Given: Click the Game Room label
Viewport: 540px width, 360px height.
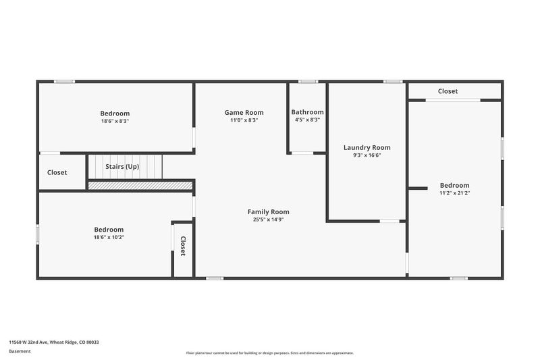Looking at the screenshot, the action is [244, 112].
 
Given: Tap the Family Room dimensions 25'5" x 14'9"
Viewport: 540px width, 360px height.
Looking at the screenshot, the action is [268, 220].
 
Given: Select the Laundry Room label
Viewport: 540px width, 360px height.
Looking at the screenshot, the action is [367, 148].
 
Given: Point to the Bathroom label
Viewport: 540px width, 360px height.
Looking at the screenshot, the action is [307, 112].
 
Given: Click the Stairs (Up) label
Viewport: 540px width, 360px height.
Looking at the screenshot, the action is [122, 167].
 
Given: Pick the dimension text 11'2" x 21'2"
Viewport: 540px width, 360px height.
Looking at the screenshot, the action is [454, 193].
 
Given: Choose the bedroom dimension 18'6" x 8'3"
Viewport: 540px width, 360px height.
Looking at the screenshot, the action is [115, 121].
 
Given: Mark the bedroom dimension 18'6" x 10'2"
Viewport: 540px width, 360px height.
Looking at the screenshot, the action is [109, 237].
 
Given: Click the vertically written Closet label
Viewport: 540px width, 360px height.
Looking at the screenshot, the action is [183, 246].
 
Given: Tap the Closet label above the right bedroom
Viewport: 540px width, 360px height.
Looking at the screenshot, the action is [448, 91].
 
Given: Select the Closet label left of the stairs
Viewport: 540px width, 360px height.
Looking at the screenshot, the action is [57, 173].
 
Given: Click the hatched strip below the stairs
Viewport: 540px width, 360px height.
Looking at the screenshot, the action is [140, 185].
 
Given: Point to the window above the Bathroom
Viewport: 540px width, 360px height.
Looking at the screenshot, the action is [308, 82].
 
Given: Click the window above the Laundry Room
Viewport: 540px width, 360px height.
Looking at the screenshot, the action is [393, 82].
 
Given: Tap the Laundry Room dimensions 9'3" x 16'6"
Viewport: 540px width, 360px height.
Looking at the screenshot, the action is [367, 155].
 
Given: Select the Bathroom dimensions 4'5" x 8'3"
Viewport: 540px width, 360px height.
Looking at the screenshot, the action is [307, 120].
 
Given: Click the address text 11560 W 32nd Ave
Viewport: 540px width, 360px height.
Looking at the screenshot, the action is [28, 342].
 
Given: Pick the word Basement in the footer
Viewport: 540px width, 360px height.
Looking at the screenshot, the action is [20, 351].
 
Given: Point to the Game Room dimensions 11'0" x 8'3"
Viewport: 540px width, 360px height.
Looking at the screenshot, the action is [244, 120].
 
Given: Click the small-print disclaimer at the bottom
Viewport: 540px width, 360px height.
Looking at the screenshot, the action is [270, 353].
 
